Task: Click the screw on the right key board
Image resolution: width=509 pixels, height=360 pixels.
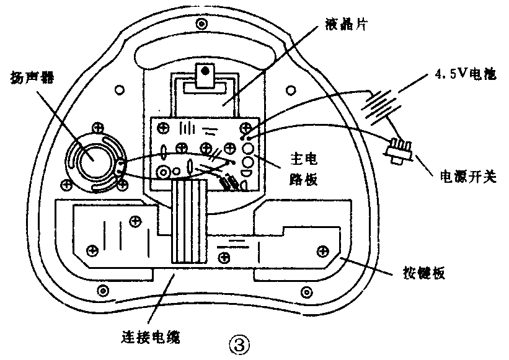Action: tap(322, 250)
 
